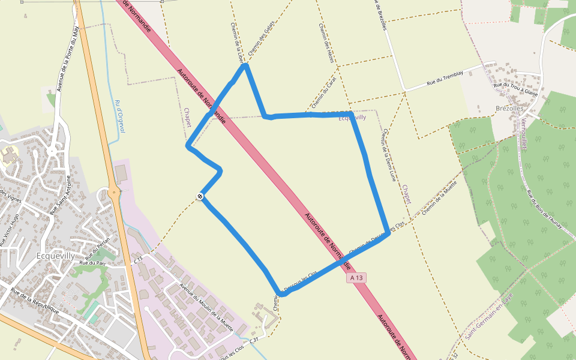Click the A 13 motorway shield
pos(356,278)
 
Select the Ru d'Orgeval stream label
pos(119,116)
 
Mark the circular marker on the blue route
pos(200,196)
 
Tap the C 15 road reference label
pos(139,260)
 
